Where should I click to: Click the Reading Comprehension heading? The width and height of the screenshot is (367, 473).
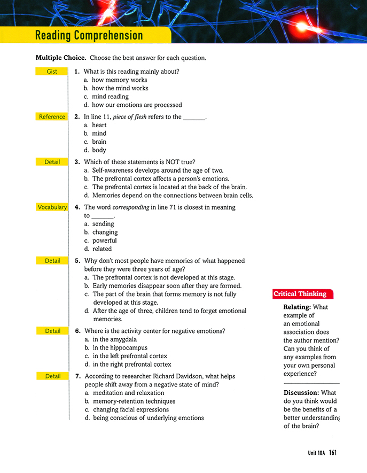click(x=89, y=36)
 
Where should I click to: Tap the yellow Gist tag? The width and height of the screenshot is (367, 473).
click(x=52, y=72)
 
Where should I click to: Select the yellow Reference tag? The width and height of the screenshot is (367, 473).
click(x=52, y=117)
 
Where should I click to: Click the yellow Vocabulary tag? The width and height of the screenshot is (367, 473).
click(x=52, y=207)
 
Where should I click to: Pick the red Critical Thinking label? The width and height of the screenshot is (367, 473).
click(x=300, y=294)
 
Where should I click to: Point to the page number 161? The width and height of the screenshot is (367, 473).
click(x=333, y=453)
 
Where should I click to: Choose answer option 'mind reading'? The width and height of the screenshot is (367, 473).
click(x=110, y=97)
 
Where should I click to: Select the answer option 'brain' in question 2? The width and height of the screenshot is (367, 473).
click(x=99, y=142)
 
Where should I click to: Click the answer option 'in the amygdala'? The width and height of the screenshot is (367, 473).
click(x=115, y=339)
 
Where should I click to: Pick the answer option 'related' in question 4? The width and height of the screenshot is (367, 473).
click(x=101, y=249)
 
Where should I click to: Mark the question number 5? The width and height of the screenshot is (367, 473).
click(x=77, y=261)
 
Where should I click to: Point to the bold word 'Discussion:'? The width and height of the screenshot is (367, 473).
click(x=301, y=393)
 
